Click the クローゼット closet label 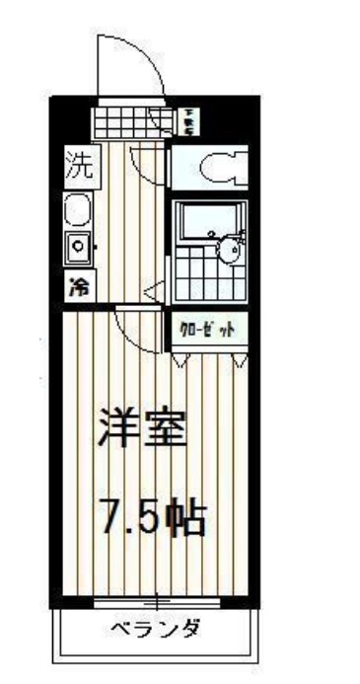coord(206,331)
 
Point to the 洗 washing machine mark coord(78,166)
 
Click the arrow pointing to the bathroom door coord(152,290)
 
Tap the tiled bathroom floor coord(194,267)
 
